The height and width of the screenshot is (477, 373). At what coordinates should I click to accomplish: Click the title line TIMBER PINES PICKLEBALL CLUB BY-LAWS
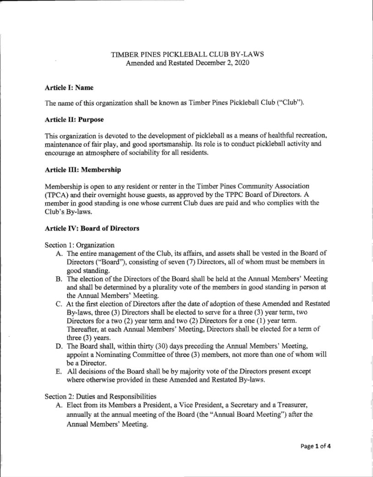(x=187, y=54)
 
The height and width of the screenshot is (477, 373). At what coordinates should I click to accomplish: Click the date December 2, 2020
(x=225, y=63)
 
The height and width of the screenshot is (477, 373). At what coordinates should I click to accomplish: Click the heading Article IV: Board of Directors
(x=92, y=228)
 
